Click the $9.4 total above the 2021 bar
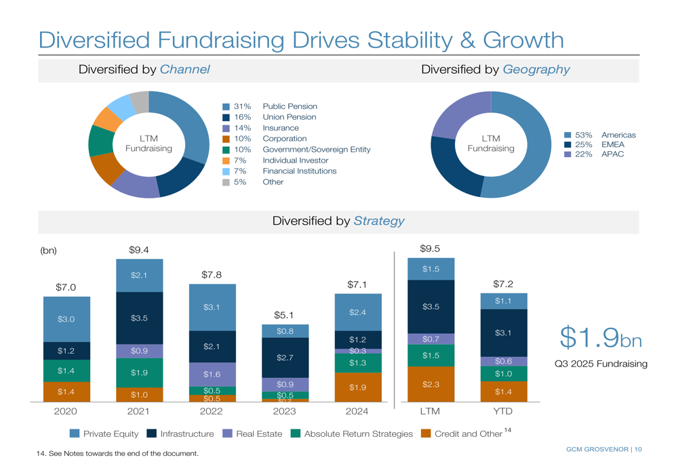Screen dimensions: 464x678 click(138, 250)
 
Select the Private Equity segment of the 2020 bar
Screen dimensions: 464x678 click(66, 319)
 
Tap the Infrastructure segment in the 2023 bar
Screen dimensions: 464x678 click(284, 357)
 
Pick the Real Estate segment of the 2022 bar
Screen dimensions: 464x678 click(212, 374)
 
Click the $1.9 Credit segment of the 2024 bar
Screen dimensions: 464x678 click(357, 387)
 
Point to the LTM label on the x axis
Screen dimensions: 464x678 click(430, 411)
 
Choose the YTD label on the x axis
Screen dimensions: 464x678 click(503, 411)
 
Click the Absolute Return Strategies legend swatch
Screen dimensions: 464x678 click(296, 434)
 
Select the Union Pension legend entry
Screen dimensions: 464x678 click(289, 117)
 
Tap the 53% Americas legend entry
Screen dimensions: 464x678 click(604, 135)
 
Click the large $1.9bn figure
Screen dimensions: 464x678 click(600, 337)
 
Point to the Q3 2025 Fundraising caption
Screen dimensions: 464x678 click(601, 364)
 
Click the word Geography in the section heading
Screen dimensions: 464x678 click(536, 70)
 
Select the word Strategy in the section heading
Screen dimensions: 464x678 click(379, 221)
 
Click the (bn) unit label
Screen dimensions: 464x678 click(49, 251)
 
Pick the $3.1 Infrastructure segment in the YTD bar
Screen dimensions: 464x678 click(503, 333)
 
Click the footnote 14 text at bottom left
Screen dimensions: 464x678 click(117, 453)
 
